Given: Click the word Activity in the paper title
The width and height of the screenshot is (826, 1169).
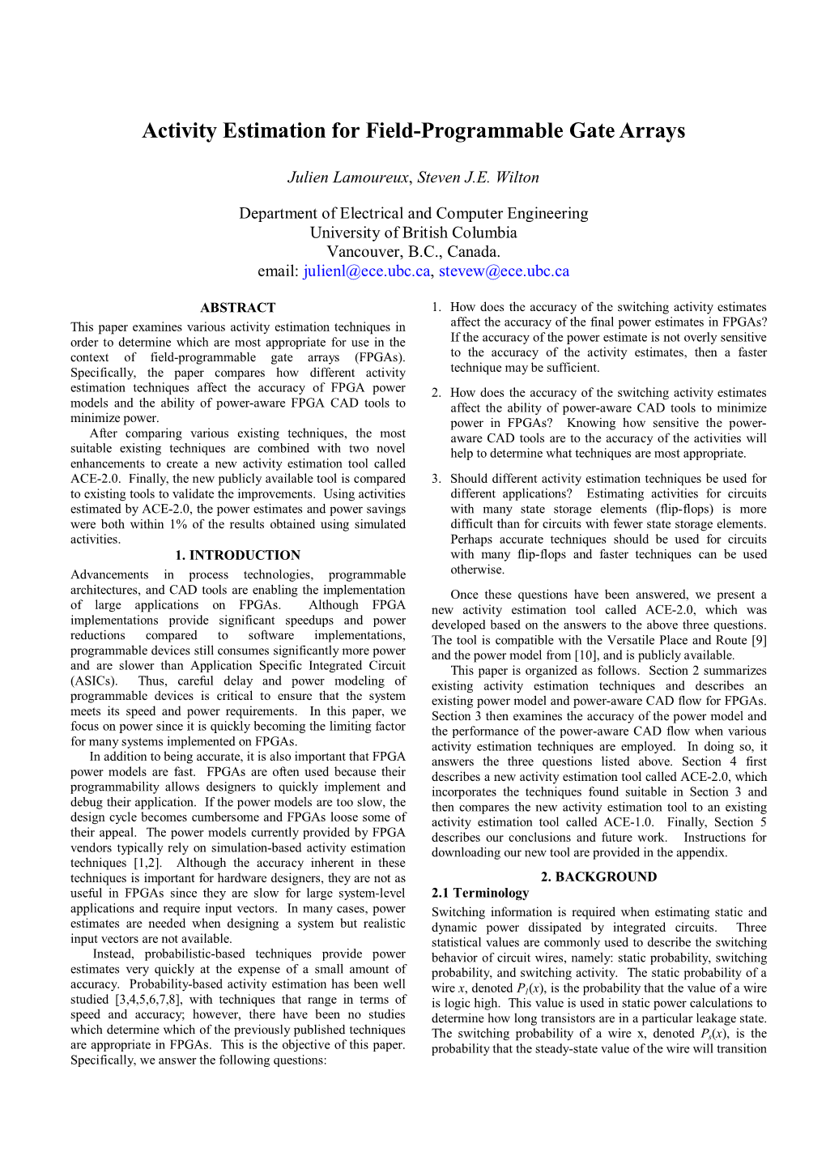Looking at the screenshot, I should pos(180,131).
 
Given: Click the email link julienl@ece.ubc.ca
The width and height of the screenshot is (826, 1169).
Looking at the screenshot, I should pos(367,271).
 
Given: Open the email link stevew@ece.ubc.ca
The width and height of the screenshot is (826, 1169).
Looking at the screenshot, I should pos(504,271).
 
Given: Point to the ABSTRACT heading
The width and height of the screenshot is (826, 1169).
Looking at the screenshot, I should pos(238,308).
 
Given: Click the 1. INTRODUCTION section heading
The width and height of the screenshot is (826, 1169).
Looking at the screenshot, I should pos(238,556).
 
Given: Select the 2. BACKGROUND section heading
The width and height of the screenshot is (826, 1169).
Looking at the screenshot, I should pos(598,877).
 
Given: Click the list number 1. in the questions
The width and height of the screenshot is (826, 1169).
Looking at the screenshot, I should pos(436,307).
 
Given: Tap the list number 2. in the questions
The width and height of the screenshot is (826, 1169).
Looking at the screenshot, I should pos(436,393).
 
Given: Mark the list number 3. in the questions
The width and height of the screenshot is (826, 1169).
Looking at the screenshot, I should pos(436,479).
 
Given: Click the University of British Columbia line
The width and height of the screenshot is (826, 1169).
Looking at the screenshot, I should pos(413,233).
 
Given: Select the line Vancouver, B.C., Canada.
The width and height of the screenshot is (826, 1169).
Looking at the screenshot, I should pos(413,252).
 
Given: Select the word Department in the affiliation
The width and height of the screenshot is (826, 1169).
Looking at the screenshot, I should pos(276,214).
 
